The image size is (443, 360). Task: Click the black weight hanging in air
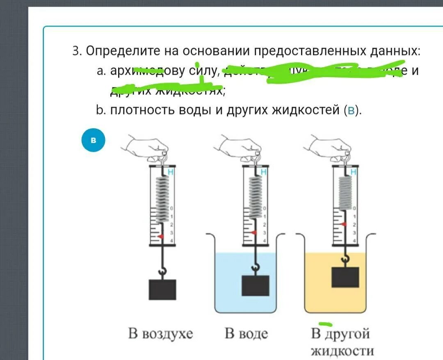[162, 289]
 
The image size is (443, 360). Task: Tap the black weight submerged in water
[255, 285]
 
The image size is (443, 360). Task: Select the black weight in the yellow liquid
[345, 277]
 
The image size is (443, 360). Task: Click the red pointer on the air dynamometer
[161, 237]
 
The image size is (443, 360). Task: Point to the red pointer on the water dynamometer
[254, 232]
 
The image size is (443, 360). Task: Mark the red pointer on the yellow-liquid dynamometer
[344, 224]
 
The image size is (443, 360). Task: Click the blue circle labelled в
[93, 140]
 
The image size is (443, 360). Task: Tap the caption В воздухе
[160, 334]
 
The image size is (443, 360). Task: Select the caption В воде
[246, 334]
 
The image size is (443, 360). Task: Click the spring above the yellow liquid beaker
[345, 191]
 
